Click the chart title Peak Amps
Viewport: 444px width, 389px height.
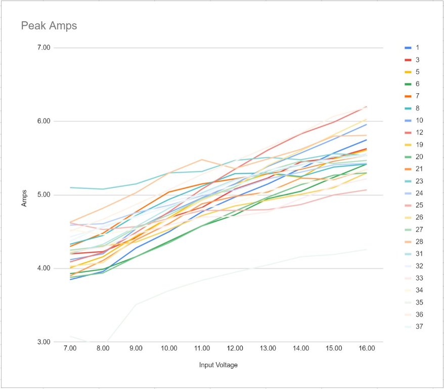click(x=49, y=26)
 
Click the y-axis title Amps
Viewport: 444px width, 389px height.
click(x=24, y=195)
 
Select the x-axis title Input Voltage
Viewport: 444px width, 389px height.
click(x=217, y=365)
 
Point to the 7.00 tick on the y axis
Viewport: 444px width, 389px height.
click(x=44, y=48)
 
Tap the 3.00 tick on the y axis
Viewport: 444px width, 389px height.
click(x=44, y=342)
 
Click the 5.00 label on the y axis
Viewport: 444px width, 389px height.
click(x=44, y=195)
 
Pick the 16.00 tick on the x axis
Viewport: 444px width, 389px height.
click(x=367, y=349)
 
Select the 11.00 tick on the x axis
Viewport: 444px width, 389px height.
click(x=202, y=349)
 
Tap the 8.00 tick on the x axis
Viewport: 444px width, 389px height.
click(x=103, y=349)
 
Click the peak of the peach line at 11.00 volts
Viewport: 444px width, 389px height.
click(x=202, y=160)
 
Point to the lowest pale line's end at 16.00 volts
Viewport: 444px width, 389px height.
click(x=367, y=249)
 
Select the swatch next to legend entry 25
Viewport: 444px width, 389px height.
click(x=408, y=206)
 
